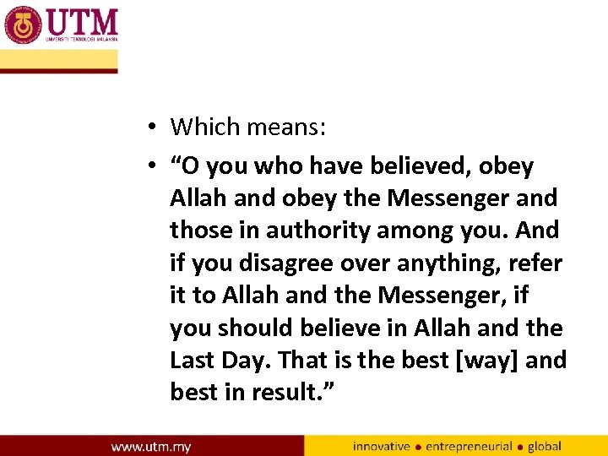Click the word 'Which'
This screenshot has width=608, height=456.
coord(206,127)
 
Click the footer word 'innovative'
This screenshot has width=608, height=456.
coord(381,446)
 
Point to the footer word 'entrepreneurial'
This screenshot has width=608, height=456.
coord(469,446)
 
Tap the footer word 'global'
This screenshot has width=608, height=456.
coord(544,446)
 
